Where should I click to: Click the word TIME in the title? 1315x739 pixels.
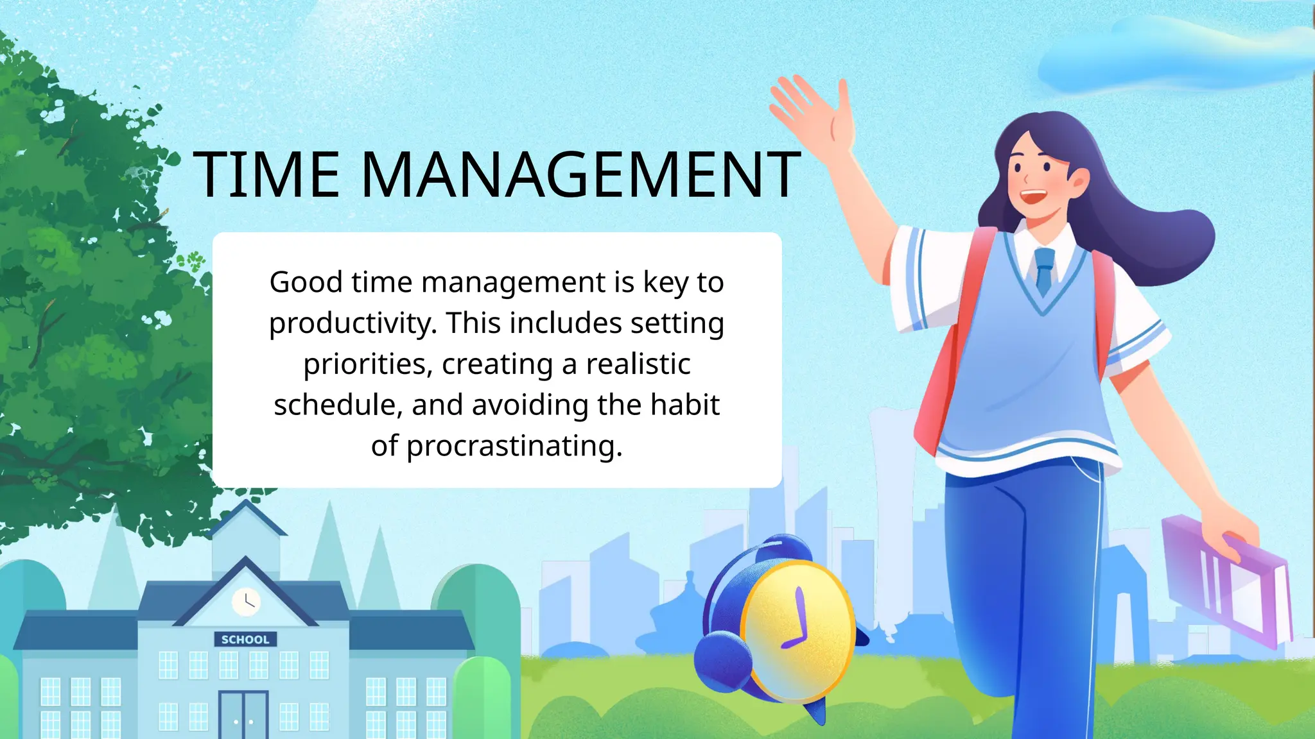(x=266, y=174)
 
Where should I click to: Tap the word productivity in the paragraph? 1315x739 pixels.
(x=353, y=323)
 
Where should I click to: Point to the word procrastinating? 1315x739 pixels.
(x=514, y=446)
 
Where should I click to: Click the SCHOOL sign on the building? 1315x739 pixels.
(x=245, y=640)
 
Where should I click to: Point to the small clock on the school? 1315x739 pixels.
(x=245, y=602)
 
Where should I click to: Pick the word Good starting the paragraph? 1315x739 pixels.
(x=306, y=282)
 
